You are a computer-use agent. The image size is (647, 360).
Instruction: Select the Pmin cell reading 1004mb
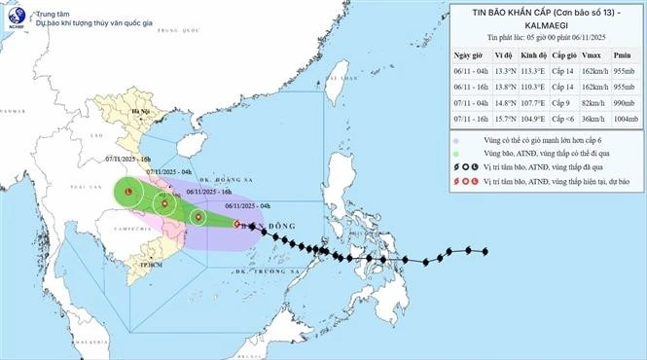(623, 119)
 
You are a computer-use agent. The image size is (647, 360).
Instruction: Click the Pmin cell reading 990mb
(623, 103)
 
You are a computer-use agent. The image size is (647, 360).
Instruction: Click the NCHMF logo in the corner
(15, 17)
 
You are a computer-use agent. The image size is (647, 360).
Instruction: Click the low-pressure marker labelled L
(129, 194)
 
